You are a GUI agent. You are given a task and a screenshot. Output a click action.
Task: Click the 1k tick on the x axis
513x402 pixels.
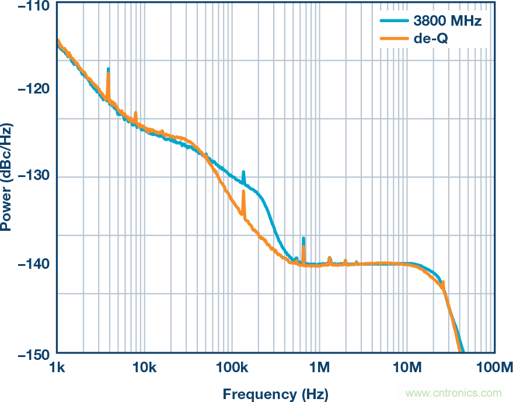tap(57, 368)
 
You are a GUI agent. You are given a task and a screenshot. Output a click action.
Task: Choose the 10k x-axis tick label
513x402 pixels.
tap(144, 368)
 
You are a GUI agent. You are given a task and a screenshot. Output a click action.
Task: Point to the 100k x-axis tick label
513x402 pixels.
tap(232, 368)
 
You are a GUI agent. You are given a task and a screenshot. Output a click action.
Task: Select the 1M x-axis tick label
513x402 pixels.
tap(319, 368)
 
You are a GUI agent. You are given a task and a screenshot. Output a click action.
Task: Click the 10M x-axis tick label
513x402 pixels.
tap(407, 368)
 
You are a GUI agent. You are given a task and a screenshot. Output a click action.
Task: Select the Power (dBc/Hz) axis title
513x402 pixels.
tap(7, 176)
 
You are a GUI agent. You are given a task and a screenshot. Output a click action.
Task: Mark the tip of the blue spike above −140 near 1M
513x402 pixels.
tap(303, 238)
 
